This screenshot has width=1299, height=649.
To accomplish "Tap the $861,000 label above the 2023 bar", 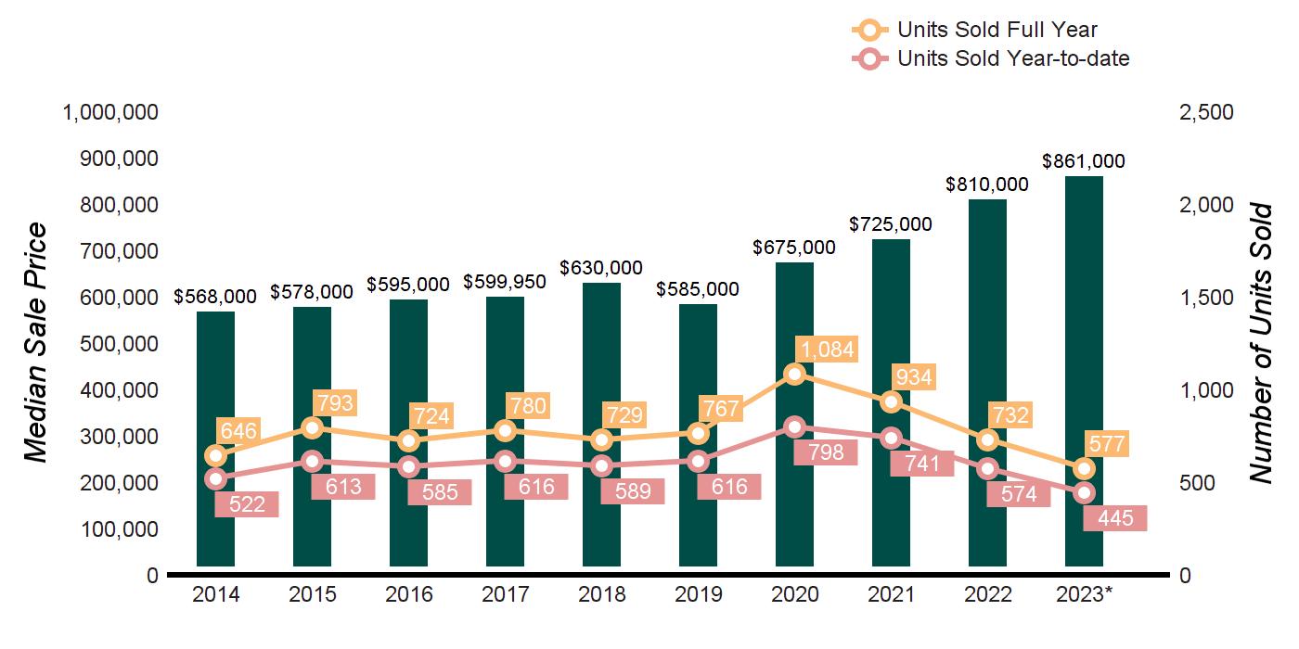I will point(1084,161).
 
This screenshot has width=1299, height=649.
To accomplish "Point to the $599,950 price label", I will point(505,281).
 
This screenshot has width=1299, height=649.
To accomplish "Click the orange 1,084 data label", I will point(825,350).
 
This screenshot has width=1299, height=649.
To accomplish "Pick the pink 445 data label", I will point(1114,517).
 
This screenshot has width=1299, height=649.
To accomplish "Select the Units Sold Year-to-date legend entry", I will point(990,58).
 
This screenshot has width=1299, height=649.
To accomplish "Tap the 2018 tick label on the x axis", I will point(601,594).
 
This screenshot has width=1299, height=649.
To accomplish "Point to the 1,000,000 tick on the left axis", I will point(109,112).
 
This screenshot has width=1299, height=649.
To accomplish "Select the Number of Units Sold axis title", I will point(1259,343).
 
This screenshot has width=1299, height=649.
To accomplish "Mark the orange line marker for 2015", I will point(312,427).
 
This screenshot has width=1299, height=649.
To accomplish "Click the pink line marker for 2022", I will point(987,468).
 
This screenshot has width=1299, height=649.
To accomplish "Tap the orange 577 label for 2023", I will point(1106,445).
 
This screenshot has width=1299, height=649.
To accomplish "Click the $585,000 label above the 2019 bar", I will point(698,289).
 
